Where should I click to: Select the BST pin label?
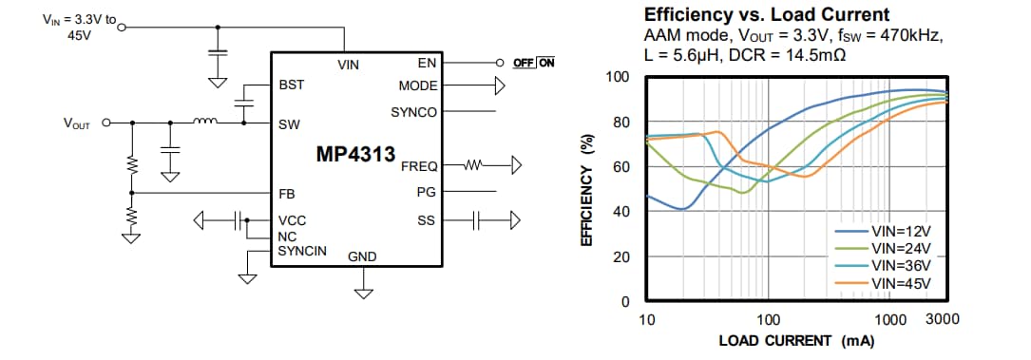[x=291, y=85]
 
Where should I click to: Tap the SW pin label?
[x=289, y=123]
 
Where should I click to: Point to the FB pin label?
[x=286, y=193]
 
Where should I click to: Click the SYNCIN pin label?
[x=302, y=251]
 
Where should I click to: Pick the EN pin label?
[x=427, y=64]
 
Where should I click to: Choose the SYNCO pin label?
[x=414, y=112]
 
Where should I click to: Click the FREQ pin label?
[x=419, y=165]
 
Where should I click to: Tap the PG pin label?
[x=427, y=193]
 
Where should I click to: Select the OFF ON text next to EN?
[x=533, y=64]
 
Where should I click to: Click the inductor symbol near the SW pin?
[x=205, y=121]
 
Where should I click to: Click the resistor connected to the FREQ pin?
[x=472, y=165]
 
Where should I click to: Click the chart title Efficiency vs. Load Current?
[x=766, y=14]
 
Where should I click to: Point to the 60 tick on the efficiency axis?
[x=622, y=167]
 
